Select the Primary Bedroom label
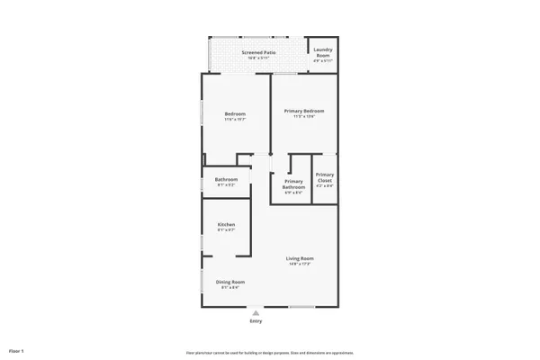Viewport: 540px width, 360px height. point(304,111)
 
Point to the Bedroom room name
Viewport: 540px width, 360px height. point(235,113)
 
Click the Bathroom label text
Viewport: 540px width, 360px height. point(226,179)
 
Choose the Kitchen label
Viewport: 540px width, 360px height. point(226,224)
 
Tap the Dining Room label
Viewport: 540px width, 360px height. point(229,282)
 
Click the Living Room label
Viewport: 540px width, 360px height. point(301,258)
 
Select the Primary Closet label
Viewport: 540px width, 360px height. point(325,177)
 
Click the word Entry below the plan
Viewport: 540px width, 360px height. point(256,321)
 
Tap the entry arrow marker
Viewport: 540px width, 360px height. point(256,313)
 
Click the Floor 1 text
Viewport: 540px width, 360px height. point(16,349)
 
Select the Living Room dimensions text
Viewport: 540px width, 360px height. point(301,264)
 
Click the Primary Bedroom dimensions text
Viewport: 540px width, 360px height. point(304,117)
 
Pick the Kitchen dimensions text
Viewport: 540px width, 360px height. point(226,230)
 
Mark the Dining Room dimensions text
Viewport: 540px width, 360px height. point(229,288)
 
